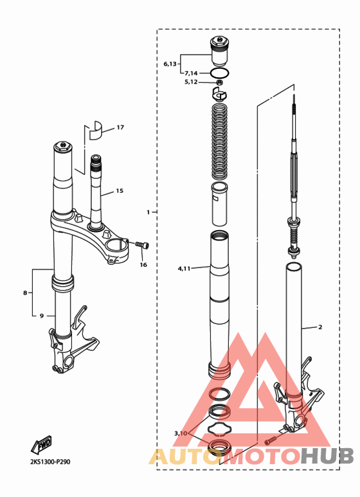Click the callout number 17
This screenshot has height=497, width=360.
(120, 127)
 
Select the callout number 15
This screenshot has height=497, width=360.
(120, 191)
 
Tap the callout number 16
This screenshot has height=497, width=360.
(143, 265)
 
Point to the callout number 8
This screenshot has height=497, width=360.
(25, 293)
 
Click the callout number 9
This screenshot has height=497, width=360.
(42, 316)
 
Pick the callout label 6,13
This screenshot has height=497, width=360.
(170, 64)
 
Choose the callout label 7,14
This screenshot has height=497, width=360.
(191, 73)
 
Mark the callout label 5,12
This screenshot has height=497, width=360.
(191, 82)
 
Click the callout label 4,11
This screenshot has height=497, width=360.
(184, 269)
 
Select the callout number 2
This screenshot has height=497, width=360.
(320, 327)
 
